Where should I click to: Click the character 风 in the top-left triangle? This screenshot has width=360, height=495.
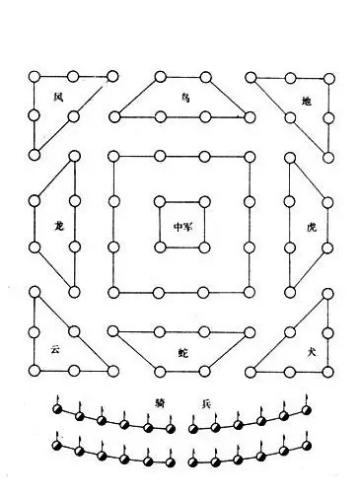(57, 97)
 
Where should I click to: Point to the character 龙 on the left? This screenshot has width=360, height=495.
(59, 225)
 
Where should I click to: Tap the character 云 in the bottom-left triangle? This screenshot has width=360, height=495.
(56, 348)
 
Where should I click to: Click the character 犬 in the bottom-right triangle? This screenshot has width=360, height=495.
(308, 350)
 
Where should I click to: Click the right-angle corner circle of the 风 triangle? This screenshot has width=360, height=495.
(36, 76)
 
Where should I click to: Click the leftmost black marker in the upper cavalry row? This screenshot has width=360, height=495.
(58, 409)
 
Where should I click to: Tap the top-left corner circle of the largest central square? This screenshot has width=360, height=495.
(113, 156)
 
